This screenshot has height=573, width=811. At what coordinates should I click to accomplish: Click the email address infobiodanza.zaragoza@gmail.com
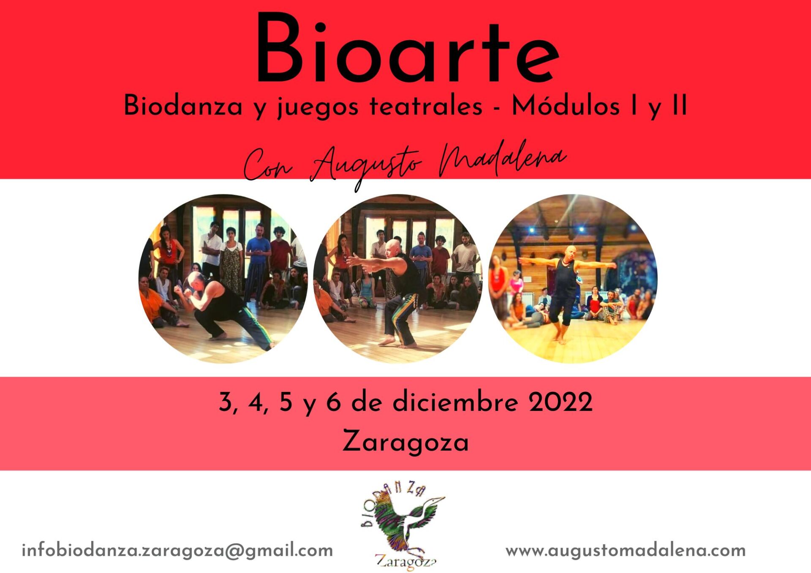coord(177,551)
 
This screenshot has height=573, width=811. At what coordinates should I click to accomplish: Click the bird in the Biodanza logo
coord(405,521)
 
